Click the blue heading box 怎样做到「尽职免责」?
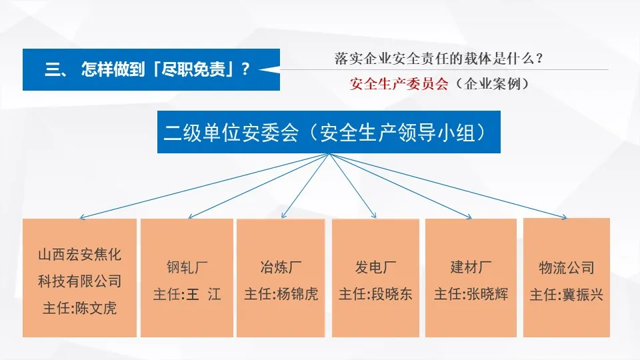coord(151,69)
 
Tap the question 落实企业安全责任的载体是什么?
coord(439,58)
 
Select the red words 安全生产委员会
coord(399,84)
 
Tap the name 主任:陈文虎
coord(79,309)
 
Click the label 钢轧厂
coord(187,268)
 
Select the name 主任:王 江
coord(187,294)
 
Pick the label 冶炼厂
coord(281,268)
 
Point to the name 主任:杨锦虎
coord(281,294)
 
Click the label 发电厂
coord(375,268)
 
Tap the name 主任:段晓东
coord(375,294)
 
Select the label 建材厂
coord(471,268)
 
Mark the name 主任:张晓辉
coord(471,294)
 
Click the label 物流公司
coord(566,268)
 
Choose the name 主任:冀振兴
coord(566,294)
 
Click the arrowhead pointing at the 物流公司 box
coord(564,216)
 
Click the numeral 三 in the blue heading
coord(53,69)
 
